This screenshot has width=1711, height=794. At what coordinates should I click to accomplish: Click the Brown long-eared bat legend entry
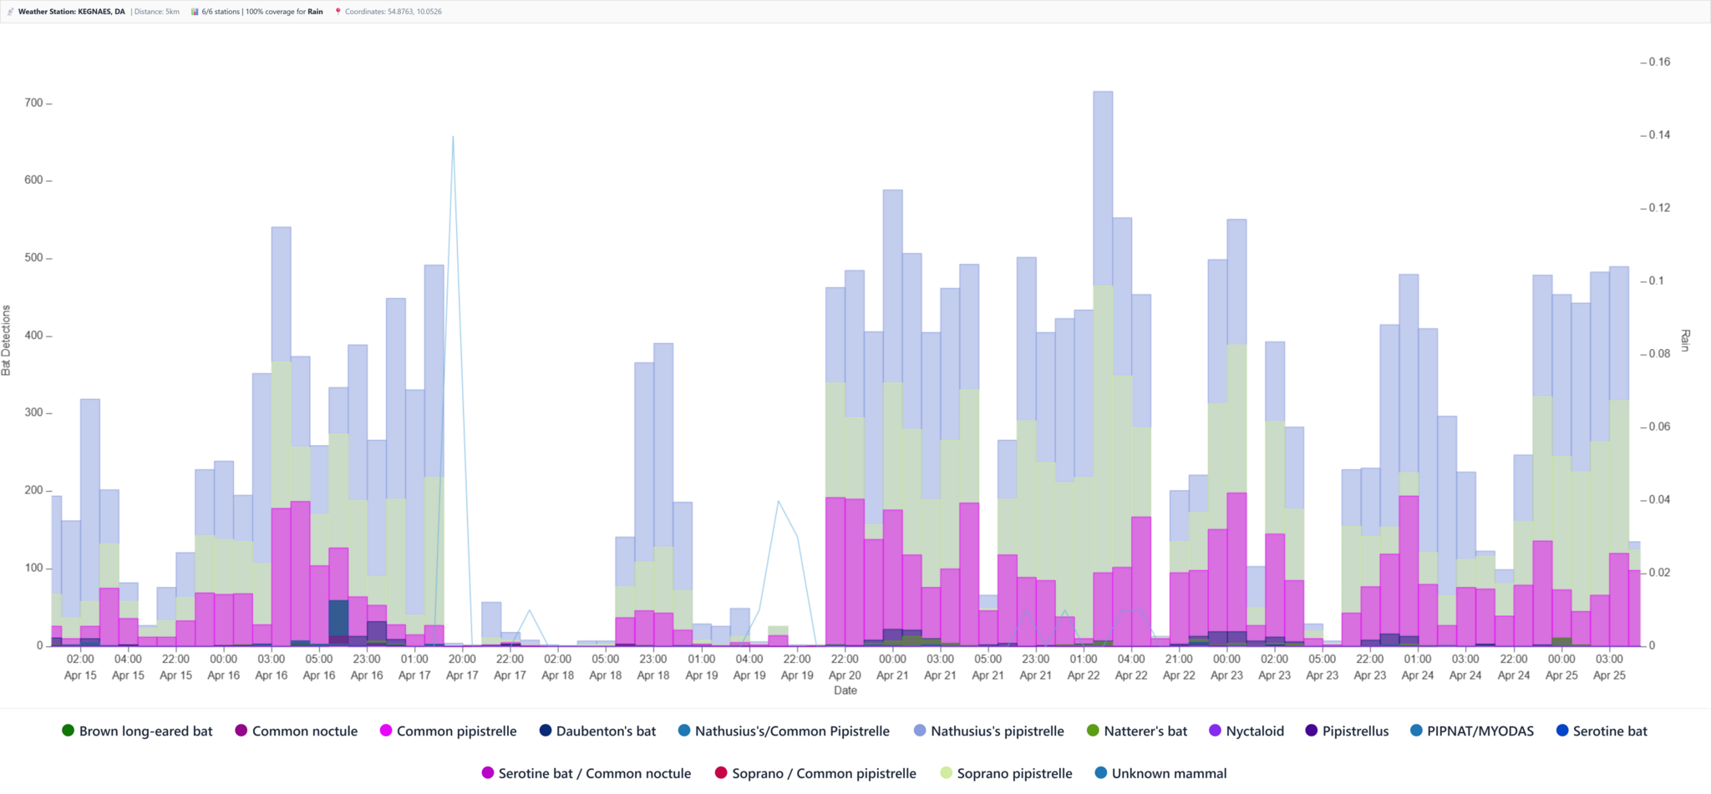[137, 731]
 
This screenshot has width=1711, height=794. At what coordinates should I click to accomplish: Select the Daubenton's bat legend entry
[597, 731]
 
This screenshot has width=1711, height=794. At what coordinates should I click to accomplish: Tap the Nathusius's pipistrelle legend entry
[988, 731]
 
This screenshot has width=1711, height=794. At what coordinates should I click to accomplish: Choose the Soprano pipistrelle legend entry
[1006, 773]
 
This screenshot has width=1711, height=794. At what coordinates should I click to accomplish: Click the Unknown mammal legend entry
[1160, 773]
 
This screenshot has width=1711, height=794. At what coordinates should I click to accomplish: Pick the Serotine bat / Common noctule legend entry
[586, 773]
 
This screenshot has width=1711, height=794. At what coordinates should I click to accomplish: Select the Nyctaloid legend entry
[1246, 731]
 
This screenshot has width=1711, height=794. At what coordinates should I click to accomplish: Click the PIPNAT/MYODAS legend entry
[1471, 731]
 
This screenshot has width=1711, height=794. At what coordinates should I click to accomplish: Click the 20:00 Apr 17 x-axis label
[462, 667]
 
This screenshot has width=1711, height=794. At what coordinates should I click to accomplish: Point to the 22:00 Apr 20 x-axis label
[845, 667]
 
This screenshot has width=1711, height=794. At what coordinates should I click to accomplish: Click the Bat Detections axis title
[7, 340]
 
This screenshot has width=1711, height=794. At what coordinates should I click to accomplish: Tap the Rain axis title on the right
[1685, 340]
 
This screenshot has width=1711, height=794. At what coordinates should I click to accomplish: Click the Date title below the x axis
[845, 690]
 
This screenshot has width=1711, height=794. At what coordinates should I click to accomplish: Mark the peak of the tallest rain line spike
[453, 136]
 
